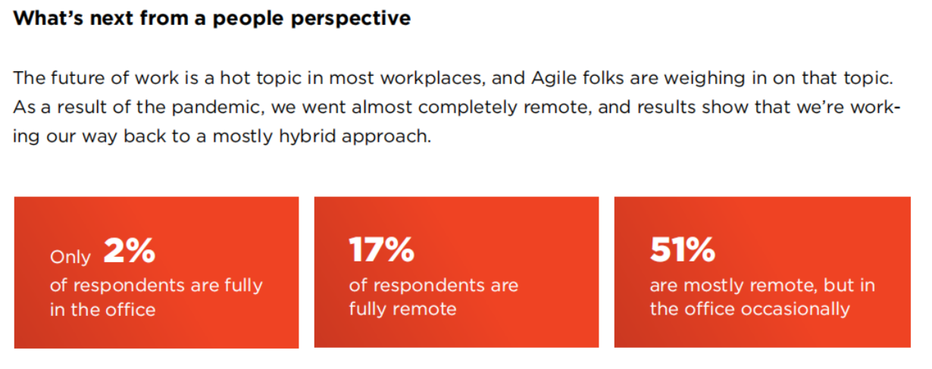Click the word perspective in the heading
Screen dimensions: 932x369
pos(351,19)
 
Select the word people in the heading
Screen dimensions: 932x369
pos(248,19)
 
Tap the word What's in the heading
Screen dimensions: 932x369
pos(48,18)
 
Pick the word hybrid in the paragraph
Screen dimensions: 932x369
pos(307,136)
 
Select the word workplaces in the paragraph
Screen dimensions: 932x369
pos(433,79)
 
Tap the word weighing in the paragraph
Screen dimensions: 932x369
pos(704,79)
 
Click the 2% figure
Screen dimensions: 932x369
pos(130,251)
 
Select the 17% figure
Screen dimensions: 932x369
pos(382,249)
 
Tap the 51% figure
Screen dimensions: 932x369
pos(683,249)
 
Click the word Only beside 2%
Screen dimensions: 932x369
pos(70,258)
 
